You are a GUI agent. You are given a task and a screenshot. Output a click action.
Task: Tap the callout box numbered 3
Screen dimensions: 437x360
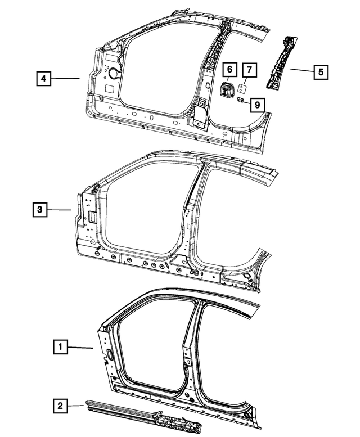click(x=39, y=210)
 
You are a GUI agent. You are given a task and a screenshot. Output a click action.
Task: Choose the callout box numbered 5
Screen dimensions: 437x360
click(x=321, y=71)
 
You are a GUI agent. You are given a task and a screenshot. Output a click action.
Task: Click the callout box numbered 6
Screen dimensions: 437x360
click(x=229, y=70)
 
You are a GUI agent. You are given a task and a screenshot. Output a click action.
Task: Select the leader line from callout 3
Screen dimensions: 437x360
click(x=60, y=210)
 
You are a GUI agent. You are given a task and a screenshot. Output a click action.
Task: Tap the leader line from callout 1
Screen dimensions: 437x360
click(x=82, y=348)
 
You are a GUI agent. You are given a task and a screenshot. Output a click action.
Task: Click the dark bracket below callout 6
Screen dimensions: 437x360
click(x=227, y=90)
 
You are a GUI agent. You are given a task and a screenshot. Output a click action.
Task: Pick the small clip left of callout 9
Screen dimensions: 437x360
click(x=240, y=101)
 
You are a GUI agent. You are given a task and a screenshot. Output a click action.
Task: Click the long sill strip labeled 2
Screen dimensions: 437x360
click(x=141, y=414)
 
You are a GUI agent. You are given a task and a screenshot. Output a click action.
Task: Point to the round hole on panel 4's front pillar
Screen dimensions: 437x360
click(x=112, y=73)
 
